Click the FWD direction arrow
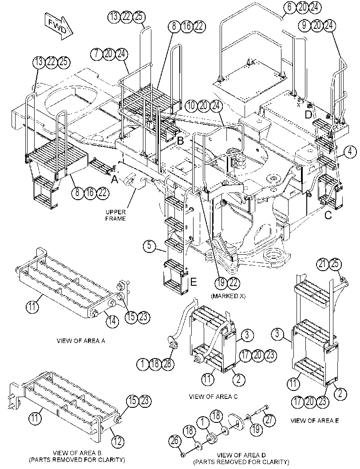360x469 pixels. point(59,26)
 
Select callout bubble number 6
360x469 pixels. point(289,7)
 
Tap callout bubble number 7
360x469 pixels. point(96,54)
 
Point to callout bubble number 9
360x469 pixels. point(305,25)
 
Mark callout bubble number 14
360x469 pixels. point(111,321)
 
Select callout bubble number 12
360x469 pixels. point(118,441)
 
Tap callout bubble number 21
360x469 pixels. point(322,264)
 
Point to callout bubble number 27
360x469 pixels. point(269,420)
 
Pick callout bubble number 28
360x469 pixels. point(168,363)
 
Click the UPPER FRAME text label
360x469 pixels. point(115,215)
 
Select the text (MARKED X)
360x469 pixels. point(228,296)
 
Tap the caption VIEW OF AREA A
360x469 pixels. point(81,341)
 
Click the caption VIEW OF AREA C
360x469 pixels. point(214,397)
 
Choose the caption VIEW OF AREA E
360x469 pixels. point(315,421)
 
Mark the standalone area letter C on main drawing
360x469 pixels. point(328,215)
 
